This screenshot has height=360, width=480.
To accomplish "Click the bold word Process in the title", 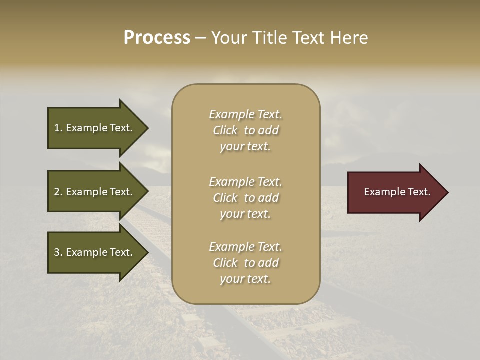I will tap(157, 38).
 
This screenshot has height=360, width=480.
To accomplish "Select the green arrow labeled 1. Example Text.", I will tap(93, 128).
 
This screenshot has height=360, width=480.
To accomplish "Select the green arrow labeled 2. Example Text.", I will tap(93, 192).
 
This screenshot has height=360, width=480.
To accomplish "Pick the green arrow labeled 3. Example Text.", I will tap(93, 252).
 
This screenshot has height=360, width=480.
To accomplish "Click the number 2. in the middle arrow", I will tap(58, 192).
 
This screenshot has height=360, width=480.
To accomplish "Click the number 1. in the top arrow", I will tap(58, 128).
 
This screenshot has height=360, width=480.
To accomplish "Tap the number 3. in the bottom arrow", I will tap(58, 252).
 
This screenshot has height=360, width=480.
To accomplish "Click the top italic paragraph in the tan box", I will tap(245, 130).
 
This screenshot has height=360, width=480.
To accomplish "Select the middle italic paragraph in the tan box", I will tap(245, 198).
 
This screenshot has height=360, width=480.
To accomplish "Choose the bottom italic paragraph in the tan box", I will tap(245, 263).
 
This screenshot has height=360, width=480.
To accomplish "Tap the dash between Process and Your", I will tap(201, 38).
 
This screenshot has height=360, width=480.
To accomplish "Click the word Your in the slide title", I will tap(230, 38).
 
